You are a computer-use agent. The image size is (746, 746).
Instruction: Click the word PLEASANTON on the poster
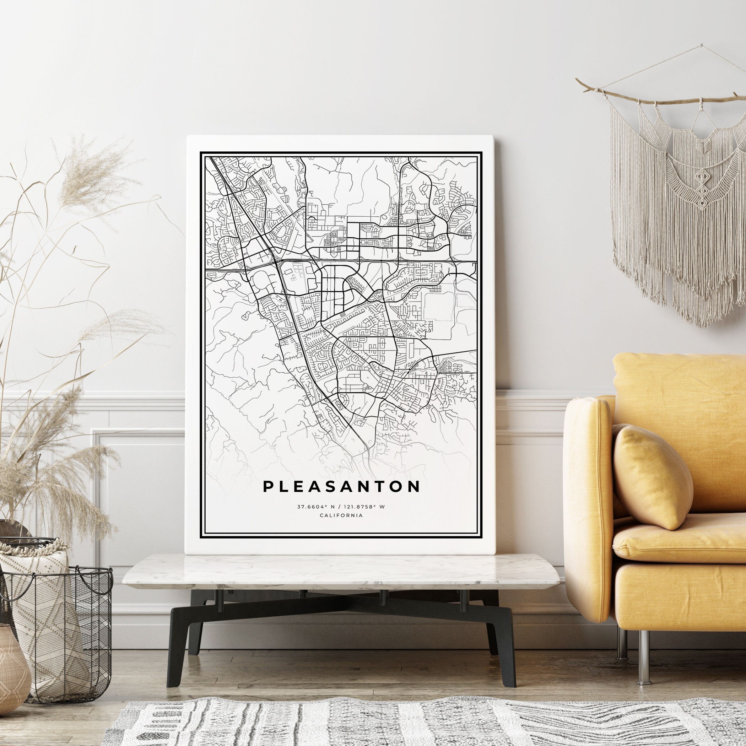(x=341, y=487)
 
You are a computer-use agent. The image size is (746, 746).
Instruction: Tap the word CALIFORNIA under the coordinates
(x=341, y=515)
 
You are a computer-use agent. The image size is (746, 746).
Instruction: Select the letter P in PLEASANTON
(x=267, y=487)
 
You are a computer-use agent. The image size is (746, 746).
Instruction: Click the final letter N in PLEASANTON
(x=414, y=487)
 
